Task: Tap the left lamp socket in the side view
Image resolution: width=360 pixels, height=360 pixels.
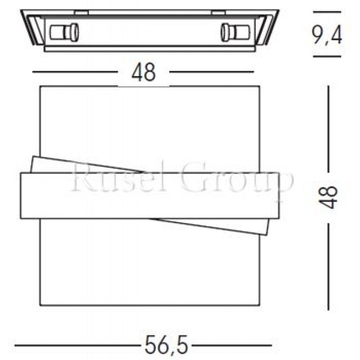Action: click(64, 32)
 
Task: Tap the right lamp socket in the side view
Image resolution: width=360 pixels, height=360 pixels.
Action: click(234, 32)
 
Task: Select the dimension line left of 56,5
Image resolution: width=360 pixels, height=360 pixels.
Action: click(76, 346)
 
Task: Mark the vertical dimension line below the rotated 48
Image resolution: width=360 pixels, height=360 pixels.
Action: click(329, 265)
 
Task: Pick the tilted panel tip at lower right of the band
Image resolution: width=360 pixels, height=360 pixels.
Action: click(269, 233)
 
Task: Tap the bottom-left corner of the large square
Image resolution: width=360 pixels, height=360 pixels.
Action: click(40, 306)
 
